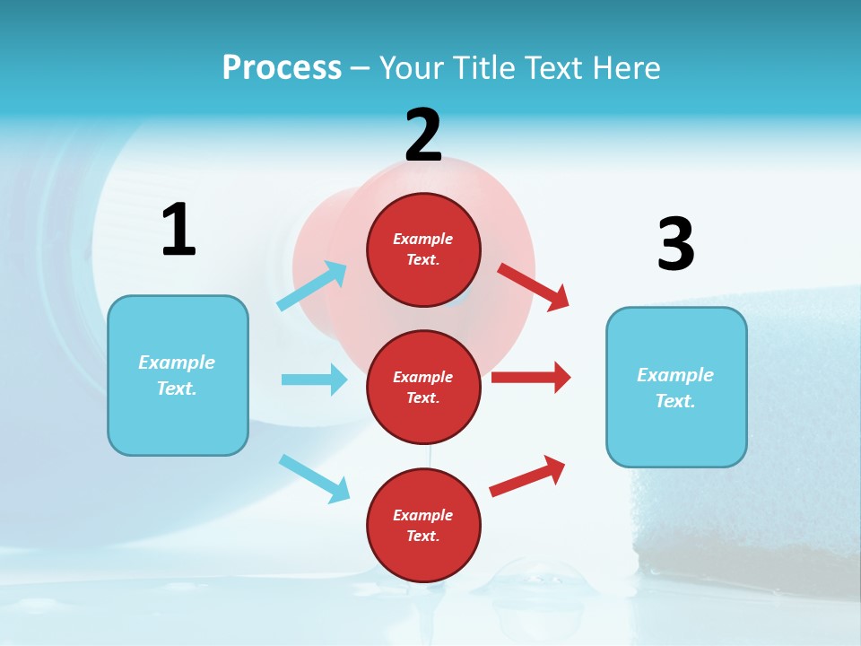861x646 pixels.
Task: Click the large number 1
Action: tap(178, 230)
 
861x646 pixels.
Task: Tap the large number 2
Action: tap(423, 135)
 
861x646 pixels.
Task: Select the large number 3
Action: tap(675, 244)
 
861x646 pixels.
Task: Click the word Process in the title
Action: tap(282, 67)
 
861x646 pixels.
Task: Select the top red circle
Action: tap(423, 249)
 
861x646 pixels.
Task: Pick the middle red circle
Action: tap(423, 387)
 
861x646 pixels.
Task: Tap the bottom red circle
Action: tap(423, 525)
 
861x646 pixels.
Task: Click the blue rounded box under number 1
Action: tap(178, 375)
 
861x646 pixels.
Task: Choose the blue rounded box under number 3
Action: tap(675, 388)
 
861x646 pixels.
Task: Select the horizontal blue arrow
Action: tap(314, 380)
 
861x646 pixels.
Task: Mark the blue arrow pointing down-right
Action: tap(315, 478)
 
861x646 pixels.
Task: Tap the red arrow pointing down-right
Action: tap(534, 286)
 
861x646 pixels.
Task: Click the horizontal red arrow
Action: tap(531, 377)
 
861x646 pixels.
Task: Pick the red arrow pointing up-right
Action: tap(527, 476)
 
